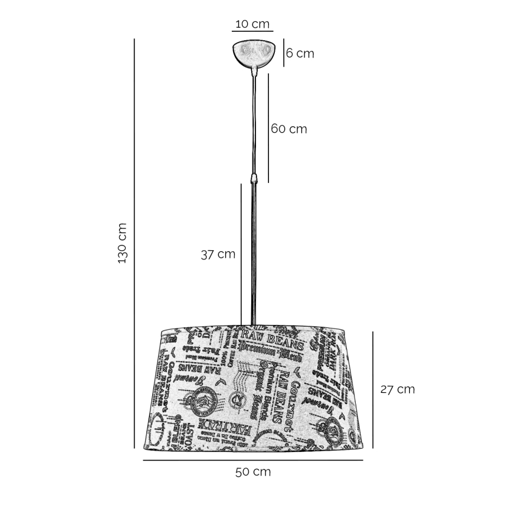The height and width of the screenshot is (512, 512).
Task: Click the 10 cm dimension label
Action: tap(252, 24)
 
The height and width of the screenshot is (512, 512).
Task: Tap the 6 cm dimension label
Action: tap(300, 54)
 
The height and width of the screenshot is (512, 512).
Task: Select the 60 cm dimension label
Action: tap(289, 129)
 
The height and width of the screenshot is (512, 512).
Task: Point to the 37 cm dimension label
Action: tap(218, 254)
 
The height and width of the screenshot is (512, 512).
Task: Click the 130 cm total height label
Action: tap(123, 243)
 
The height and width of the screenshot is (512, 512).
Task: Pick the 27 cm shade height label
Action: tap(397, 389)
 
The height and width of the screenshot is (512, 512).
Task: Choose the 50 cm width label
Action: tap(253, 472)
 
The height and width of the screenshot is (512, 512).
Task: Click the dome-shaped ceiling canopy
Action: tap(254, 52)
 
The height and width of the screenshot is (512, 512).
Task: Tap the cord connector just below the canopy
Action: tap(254, 71)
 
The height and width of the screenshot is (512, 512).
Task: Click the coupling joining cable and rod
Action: tap(254, 178)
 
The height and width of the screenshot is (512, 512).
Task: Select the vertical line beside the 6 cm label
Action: tap(284, 52)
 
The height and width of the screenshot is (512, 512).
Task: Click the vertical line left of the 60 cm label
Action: tap(268, 128)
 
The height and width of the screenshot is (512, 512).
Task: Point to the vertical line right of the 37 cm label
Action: tap(241, 254)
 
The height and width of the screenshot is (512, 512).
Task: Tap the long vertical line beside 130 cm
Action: tap(135, 243)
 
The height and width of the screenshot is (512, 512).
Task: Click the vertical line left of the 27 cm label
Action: tap(373, 389)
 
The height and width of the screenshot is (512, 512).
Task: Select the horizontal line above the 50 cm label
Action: tap(253, 460)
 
